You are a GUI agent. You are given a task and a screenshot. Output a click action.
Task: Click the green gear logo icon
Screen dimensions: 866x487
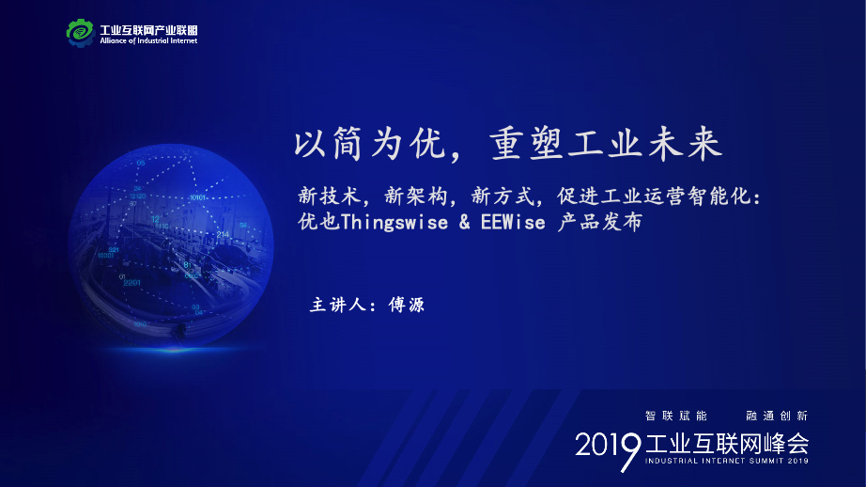pyautogui.click(x=81, y=33)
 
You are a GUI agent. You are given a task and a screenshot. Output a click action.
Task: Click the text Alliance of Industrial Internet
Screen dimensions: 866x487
pyautogui.click(x=148, y=41)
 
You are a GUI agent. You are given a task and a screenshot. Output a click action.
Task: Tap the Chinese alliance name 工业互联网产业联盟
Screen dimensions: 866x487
pyautogui.click(x=148, y=30)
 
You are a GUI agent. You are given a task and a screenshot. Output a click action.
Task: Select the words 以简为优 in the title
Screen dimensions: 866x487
pyautogui.click(x=370, y=144)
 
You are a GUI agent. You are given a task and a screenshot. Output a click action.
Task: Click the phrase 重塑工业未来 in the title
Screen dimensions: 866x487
pyautogui.click(x=606, y=144)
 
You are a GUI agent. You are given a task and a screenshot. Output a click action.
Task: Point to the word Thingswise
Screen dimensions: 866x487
pyautogui.click(x=394, y=222)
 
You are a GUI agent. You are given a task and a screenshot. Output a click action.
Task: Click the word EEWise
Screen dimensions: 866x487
pyautogui.click(x=513, y=222)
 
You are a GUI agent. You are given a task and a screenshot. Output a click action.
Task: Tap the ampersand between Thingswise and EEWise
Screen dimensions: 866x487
pyautogui.click(x=465, y=222)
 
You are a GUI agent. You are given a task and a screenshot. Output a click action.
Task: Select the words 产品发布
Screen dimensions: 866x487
pyautogui.click(x=600, y=222)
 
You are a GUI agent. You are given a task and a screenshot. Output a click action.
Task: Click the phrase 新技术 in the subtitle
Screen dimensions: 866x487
pyautogui.click(x=330, y=196)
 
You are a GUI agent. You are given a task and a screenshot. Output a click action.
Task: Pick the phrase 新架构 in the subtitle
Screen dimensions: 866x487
pyautogui.click(x=416, y=196)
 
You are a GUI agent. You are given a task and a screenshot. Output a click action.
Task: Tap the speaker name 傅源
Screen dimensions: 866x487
pyautogui.click(x=407, y=305)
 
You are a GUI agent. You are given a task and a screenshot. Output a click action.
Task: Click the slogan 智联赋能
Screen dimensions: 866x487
pyautogui.click(x=676, y=416)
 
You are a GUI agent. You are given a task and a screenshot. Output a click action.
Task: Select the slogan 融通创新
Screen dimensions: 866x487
pyautogui.click(x=777, y=416)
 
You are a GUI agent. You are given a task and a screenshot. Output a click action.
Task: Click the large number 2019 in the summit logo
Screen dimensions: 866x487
pyautogui.click(x=608, y=448)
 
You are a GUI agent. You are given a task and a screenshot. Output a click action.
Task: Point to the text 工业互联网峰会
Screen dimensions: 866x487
pyautogui.click(x=727, y=444)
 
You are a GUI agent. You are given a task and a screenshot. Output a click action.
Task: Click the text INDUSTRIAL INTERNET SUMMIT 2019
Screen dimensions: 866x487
pyautogui.click(x=727, y=461)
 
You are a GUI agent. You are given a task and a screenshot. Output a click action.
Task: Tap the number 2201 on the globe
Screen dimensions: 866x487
pyautogui.click(x=132, y=282)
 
